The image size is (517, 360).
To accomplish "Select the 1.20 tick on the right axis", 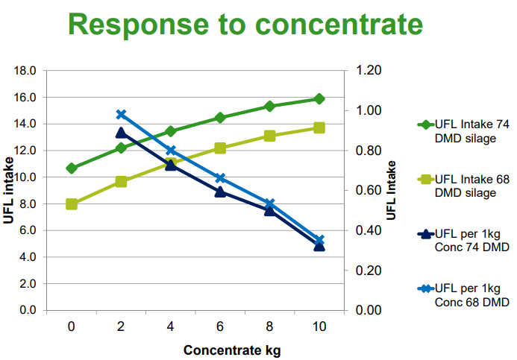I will (x=369, y=71).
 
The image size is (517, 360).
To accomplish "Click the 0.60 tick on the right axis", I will (x=369, y=190).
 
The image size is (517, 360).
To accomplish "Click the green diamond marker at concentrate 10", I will (x=319, y=98).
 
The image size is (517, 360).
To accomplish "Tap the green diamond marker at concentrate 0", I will (x=72, y=168).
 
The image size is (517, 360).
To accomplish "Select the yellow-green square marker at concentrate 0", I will (x=72, y=203).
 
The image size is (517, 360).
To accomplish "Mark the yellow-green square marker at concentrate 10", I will (x=319, y=127).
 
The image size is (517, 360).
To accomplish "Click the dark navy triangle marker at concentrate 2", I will (x=121, y=133).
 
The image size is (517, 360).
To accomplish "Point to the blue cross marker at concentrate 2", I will (x=121, y=114).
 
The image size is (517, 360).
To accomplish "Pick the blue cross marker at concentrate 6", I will (x=220, y=178).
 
